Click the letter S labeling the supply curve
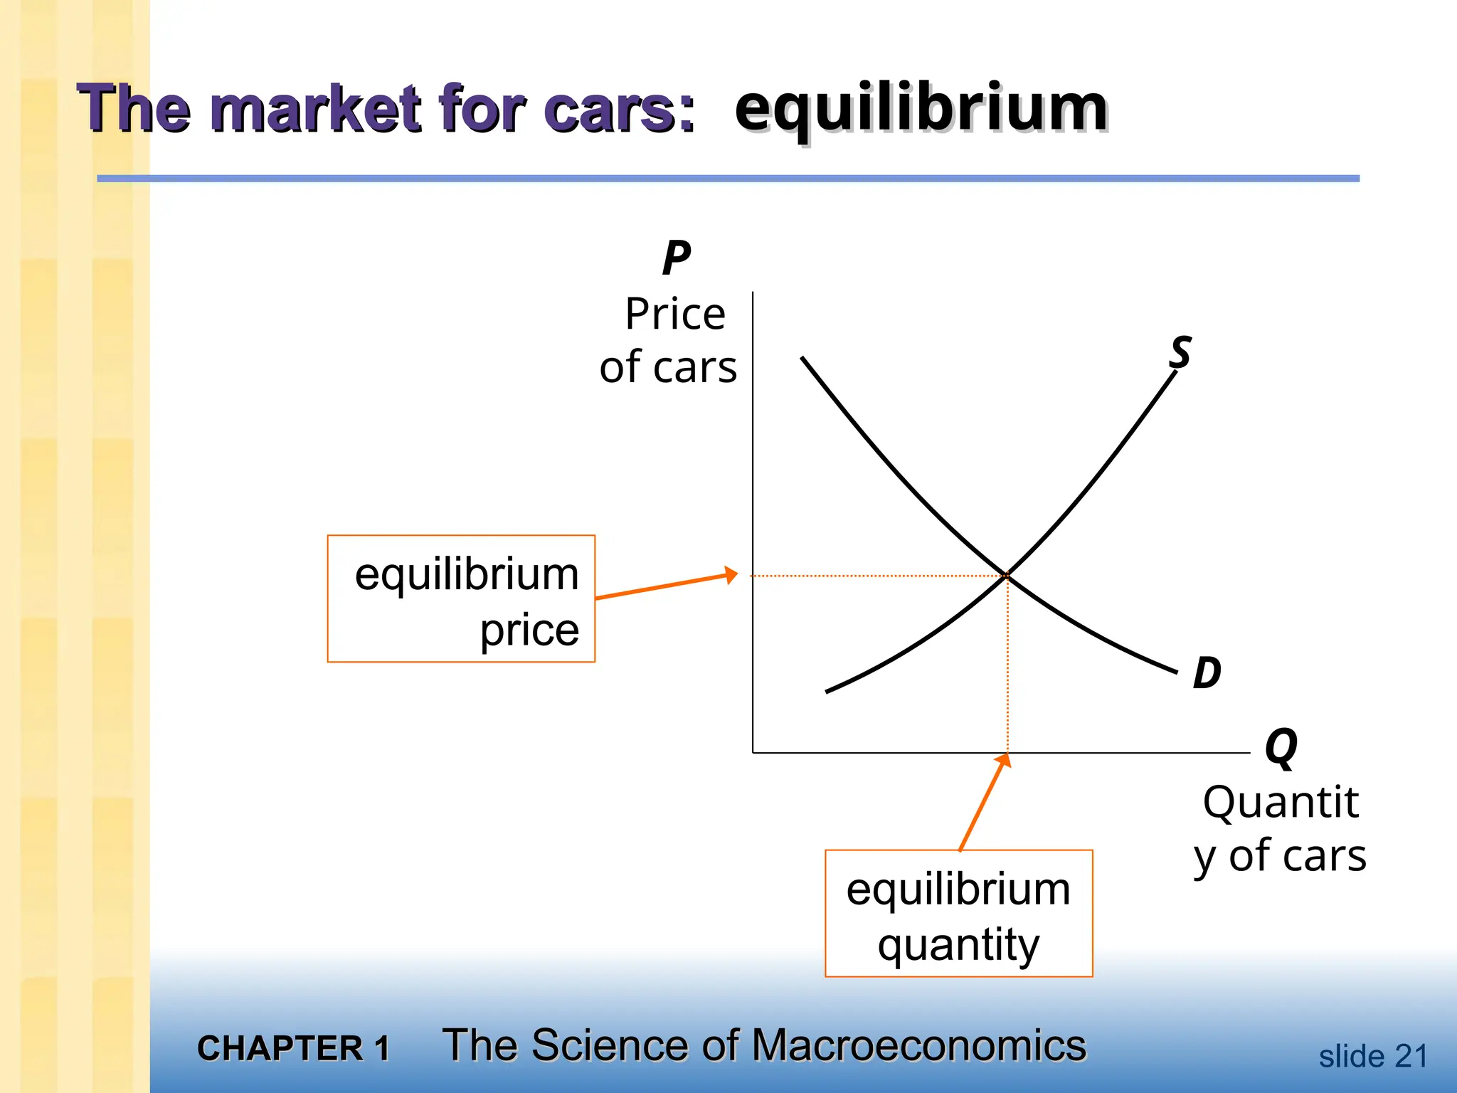(1180, 352)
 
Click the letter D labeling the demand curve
(1207, 672)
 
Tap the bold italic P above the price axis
(676, 258)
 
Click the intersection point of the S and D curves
(1007, 574)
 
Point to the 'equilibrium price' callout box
(461, 598)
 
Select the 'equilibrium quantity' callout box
(958, 913)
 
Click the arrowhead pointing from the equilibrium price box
(731, 574)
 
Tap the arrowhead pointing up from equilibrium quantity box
(1004, 761)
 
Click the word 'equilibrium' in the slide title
(921, 108)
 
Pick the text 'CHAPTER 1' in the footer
(293, 1048)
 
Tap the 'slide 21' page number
(1373, 1056)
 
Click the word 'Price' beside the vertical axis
(675, 314)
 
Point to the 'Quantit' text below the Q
(1281, 802)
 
